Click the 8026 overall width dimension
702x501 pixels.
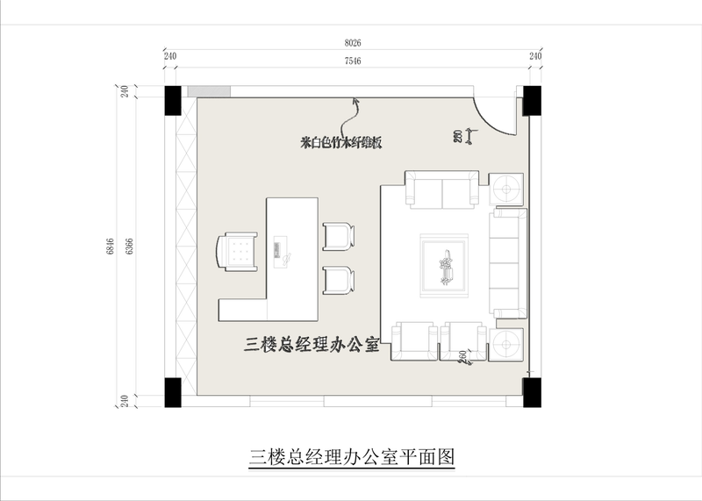click(x=353, y=42)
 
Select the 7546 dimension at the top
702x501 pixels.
click(x=353, y=60)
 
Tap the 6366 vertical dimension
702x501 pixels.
click(x=131, y=246)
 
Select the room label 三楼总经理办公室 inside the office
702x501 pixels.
click(x=311, y=344)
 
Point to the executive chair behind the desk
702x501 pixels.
click(x=237, y=251)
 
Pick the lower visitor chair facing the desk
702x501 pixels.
click(x=339, y=280)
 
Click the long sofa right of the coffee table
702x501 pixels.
click(x=506, y=262)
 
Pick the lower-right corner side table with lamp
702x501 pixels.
click(x=506, y=344)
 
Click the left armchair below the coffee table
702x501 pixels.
click(x=413, y=340)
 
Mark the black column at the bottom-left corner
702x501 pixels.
click(x=172, y=391)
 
